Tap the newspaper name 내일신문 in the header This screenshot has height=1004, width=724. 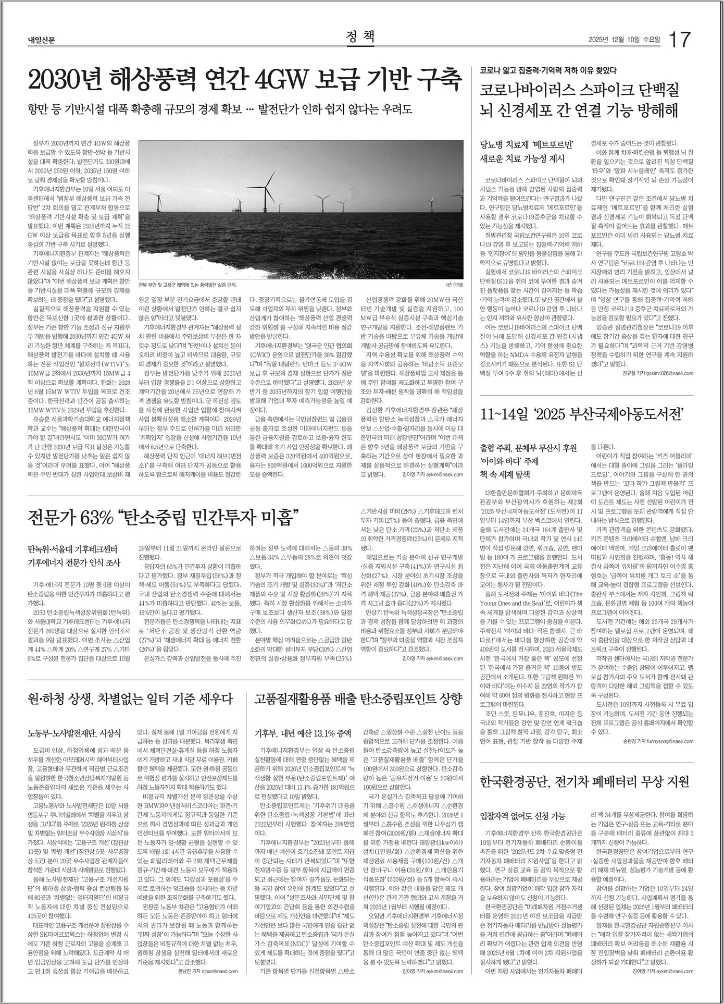[x=42, y=40]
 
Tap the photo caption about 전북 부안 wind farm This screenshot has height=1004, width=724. [x=188, y=285]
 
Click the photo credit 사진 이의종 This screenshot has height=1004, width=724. [x=454, y=285]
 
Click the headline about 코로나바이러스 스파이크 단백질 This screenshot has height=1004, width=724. [x=579, y=100]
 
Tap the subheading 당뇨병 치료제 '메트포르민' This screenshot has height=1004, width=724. [x=526, y=144]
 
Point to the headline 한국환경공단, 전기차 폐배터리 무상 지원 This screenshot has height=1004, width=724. [x=584, y=782]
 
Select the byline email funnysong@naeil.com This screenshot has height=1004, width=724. [x=669, y=741]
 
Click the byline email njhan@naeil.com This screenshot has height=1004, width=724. [x=215, y=971]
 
